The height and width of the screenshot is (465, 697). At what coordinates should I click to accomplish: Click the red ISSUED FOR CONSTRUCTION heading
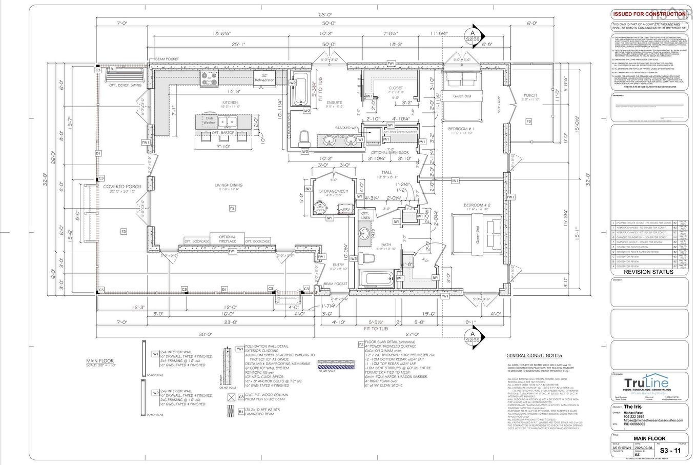[x=648, y=14]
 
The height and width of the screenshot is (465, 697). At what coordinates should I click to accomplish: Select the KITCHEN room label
[x=230, y=102]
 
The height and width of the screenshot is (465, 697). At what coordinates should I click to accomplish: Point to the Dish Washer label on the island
[x=209, y=120]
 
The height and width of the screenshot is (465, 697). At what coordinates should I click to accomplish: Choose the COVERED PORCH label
[x=122, y=187]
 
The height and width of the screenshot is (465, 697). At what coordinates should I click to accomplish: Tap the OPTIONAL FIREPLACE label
[x=228, y=239]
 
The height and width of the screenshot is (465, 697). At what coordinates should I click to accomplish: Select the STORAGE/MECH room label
[x=334, y=191]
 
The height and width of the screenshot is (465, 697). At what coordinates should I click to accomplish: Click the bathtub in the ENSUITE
[x=300, y=89]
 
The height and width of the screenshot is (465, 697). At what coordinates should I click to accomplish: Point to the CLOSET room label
[x=395, y=88]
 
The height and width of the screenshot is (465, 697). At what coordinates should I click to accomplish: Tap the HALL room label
[x=386, y=172]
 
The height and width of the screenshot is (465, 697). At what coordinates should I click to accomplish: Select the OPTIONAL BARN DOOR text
[x=389, y=152]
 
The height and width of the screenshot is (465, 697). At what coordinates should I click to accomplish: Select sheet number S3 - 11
[x=670, y=451]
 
